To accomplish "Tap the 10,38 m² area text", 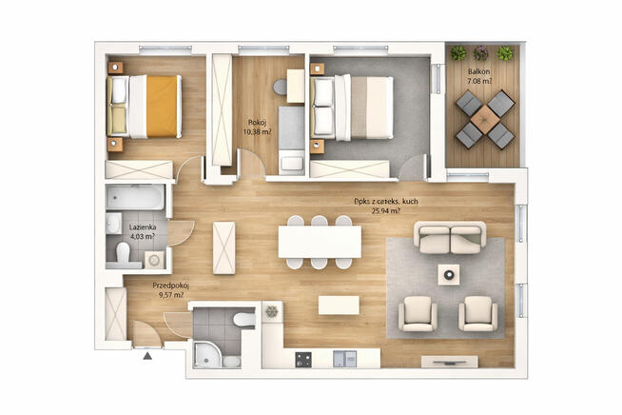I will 257,132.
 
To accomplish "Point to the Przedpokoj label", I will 171,284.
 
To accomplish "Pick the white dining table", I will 320,242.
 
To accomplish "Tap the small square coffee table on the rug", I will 449,275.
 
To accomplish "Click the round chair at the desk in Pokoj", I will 281,88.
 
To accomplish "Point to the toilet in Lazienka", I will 123,252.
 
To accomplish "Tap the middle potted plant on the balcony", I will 483,51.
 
